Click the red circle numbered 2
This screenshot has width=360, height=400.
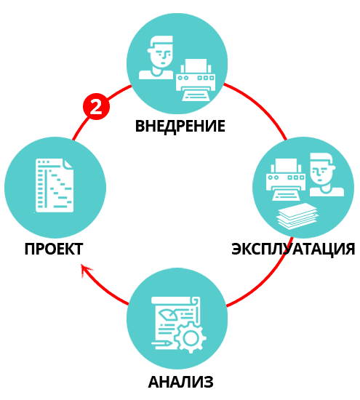pos(96,106)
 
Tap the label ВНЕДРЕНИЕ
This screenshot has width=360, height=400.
pos(180,126)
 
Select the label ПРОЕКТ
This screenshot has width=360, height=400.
pos(54,249)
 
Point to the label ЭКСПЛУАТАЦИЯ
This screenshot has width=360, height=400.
pos(293,249)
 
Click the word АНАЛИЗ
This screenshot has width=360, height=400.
pos(180,382)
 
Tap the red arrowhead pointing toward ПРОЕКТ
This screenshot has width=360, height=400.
pos(87,270)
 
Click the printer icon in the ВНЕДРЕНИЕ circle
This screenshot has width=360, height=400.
pos(196,80)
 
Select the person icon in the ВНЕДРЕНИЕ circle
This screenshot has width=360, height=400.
pos(156,57)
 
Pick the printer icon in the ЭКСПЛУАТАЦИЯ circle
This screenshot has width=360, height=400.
pos(286,180)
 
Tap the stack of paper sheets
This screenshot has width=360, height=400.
pos(297,216)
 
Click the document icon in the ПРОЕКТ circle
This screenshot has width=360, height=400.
pos(55,185)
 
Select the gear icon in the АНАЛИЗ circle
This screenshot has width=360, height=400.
pos(191,337)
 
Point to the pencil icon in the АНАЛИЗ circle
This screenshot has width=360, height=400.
pos(162,343)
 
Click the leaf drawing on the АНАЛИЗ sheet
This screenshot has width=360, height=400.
pos(168,313)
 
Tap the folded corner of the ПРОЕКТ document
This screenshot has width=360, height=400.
pos(68,164)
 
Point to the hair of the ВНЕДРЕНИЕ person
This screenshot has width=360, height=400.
pos(160,42)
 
